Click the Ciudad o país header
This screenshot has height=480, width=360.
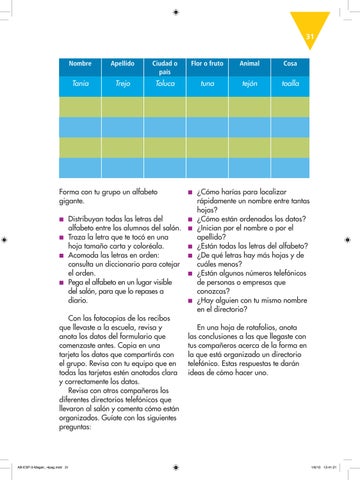coord(164,66)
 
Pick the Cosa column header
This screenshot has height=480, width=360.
coord(291,62)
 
